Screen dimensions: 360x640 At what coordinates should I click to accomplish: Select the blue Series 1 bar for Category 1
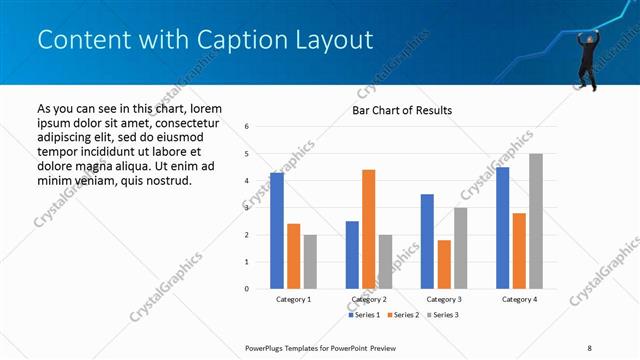click(276, 230)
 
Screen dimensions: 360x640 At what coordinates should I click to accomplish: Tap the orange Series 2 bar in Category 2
click(368, 229)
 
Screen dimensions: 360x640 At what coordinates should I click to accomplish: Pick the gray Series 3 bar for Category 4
click(536, 221)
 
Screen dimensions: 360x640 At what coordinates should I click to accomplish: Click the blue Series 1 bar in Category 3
click(427, 241)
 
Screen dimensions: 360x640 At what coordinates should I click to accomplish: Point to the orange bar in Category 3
click(444, 264)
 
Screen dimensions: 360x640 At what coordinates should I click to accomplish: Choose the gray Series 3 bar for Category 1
click(310, 261)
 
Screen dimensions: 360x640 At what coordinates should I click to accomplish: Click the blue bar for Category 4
click(502, 227)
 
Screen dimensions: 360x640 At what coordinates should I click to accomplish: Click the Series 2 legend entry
click(403, 315)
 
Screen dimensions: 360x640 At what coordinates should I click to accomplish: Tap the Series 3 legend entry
click(441, 315)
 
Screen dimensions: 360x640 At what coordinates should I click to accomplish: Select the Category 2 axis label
click(369, 299)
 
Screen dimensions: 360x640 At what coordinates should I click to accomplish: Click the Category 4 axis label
click(519, 299)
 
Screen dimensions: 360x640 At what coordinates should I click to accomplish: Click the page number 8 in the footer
click(589, 347)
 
